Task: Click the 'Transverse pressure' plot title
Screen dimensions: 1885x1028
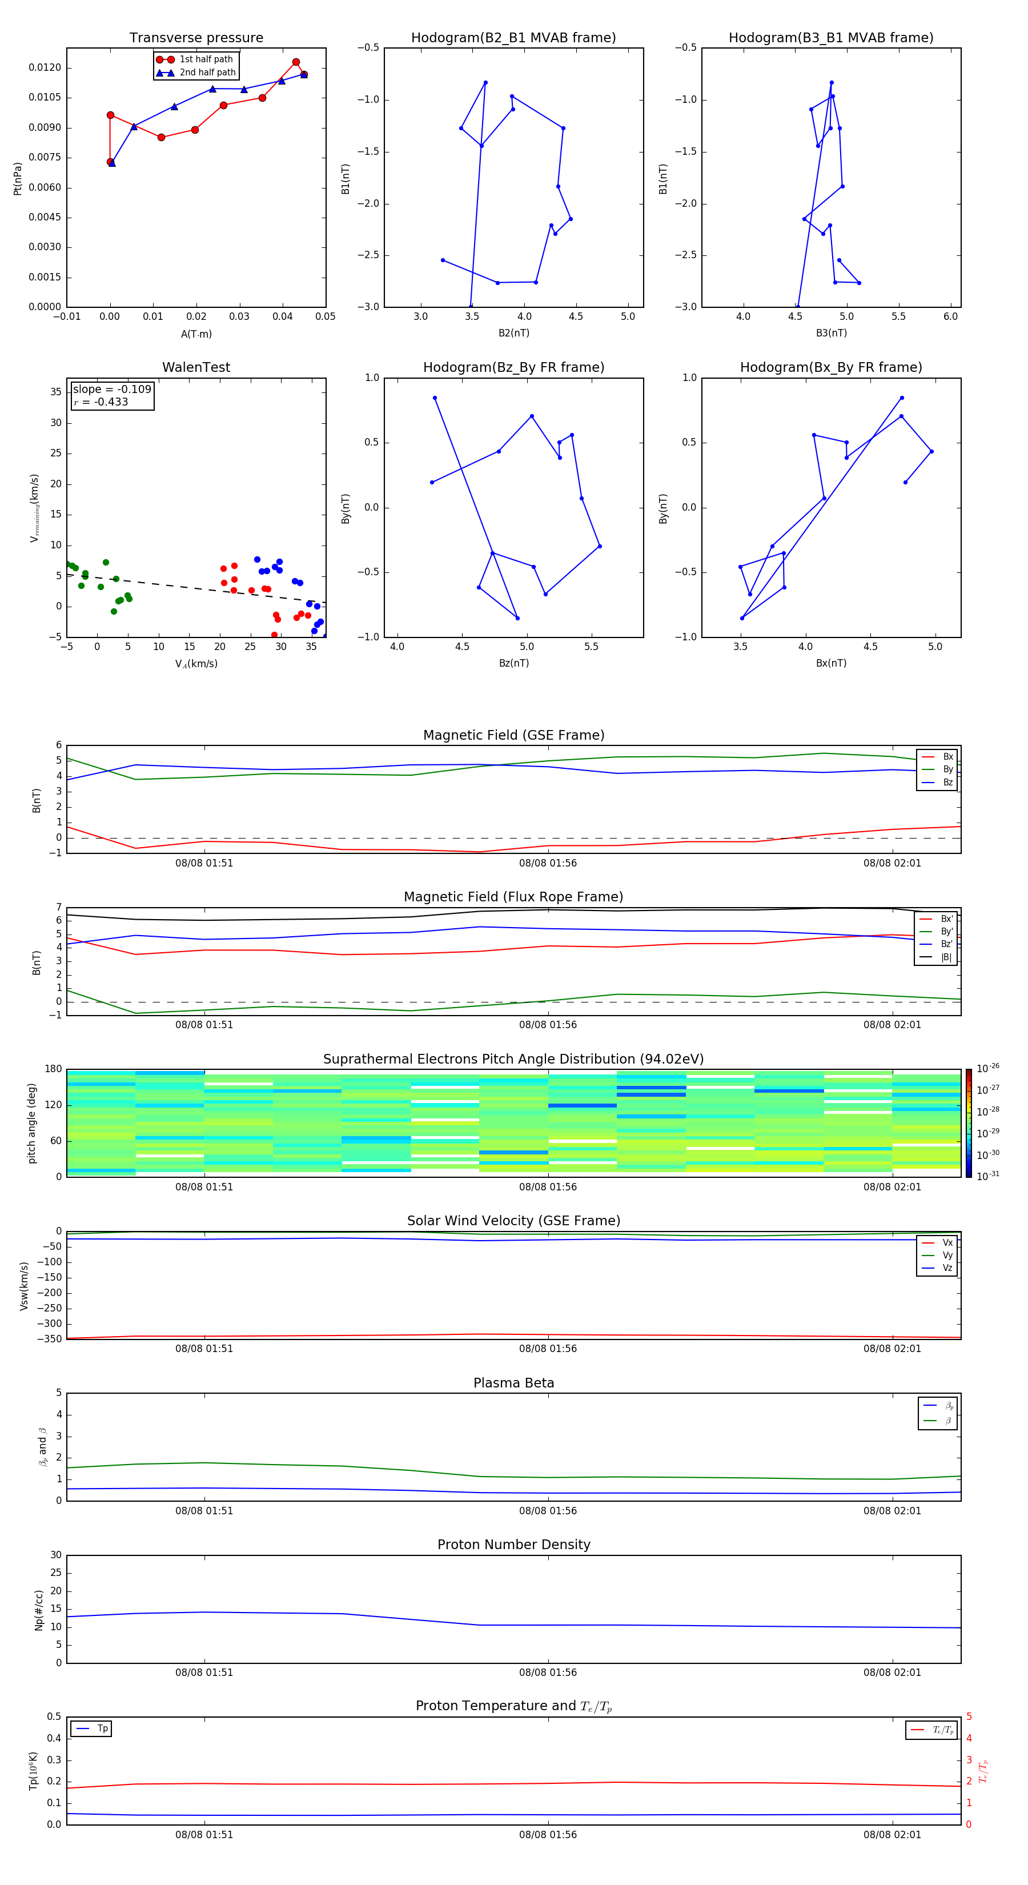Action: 196,38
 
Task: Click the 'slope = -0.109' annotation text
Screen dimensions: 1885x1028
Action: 112,390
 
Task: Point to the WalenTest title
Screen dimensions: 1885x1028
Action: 196,367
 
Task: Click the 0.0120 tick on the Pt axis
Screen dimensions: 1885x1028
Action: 45,68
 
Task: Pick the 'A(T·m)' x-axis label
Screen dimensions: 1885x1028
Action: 196,334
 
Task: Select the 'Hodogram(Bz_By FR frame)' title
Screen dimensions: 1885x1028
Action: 513,367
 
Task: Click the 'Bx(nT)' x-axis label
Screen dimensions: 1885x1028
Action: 831,663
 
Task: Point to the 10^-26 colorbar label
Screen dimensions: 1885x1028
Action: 988,1068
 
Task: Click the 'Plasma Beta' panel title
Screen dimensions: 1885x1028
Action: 513,1383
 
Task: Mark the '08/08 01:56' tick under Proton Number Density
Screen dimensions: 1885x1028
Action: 548,1672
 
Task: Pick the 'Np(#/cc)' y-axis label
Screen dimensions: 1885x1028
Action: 39,1610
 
